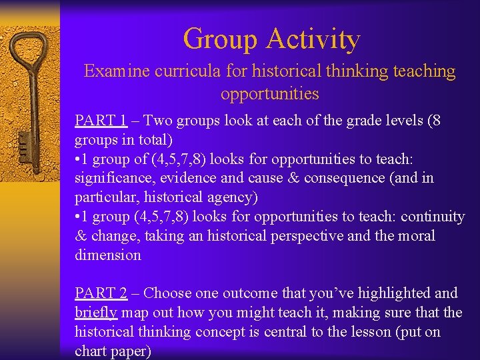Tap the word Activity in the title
[x=313, y=39]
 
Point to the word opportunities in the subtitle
[x=270, y=93]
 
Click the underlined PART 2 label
[x=101, y=293]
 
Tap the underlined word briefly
[x=96, y=312]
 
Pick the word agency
[x=233, y=197]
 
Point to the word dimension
[x=108, y=255]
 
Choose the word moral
[x=415, y=236]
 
